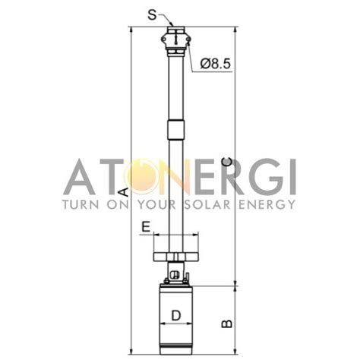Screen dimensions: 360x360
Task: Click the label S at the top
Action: [153, 14]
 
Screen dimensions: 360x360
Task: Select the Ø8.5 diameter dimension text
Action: [217, 65]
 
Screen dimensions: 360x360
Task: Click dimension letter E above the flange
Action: [146, 226]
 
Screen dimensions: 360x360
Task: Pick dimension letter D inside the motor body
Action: [175, 314]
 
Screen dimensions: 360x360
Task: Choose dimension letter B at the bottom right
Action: [226, 324]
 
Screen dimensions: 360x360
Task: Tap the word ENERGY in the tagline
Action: [267, 204]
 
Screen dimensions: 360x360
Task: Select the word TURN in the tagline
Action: [81, 204]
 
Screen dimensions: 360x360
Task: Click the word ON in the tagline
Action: [121, 204]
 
